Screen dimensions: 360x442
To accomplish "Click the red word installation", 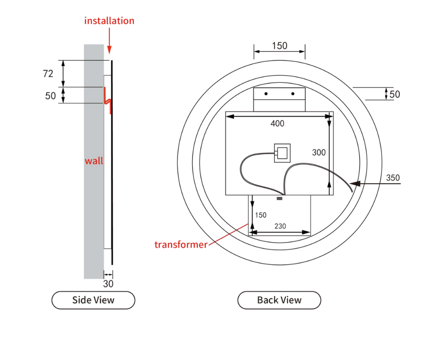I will (109, 21).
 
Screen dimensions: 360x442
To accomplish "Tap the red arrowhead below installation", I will (109, 50).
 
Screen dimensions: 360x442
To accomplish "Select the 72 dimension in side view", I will (48, 74).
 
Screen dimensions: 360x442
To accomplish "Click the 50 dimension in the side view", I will (51, 96).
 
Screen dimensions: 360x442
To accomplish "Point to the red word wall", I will (94, 161).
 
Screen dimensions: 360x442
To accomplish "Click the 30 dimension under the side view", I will (108, 284).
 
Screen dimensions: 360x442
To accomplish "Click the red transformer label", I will (181, 245).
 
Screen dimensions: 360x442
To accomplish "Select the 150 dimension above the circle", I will (279, 46).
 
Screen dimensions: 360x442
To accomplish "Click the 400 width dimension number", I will (277, 124).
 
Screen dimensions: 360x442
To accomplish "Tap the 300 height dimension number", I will (319, 152).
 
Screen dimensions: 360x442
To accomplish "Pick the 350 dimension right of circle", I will (393, 178).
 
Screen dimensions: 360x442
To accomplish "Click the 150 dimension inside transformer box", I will (261, 215).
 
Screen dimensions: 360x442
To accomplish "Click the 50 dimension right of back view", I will (395, 94).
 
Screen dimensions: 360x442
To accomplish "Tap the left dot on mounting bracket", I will (266, 94).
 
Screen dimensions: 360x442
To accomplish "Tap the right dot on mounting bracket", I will (293, 94).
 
